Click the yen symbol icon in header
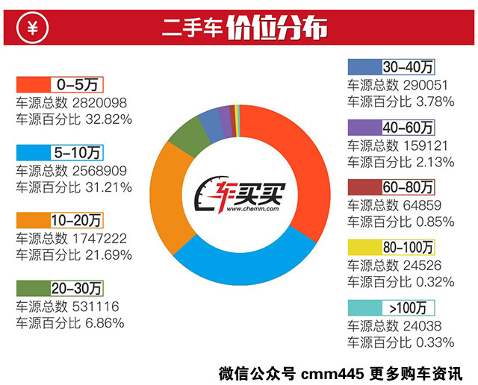point(32,30)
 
